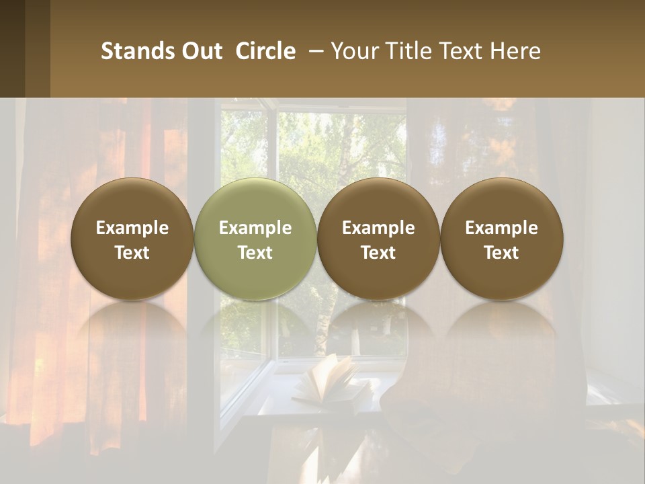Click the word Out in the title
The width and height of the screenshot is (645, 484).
pos(201,51)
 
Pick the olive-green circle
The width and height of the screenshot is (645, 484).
pos(255,239)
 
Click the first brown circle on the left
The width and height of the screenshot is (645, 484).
pos(132,239)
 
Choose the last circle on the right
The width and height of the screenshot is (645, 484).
pos(502,239)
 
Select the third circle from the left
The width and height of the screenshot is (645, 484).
pos(378,239)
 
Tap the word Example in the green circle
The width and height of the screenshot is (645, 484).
pos(255,228)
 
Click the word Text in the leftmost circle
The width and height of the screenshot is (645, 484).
pos(132,253)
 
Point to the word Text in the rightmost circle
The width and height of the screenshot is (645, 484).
pos(502,253)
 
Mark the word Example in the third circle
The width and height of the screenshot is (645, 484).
pos(378,228)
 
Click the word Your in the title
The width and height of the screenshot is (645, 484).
pos(353,51)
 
